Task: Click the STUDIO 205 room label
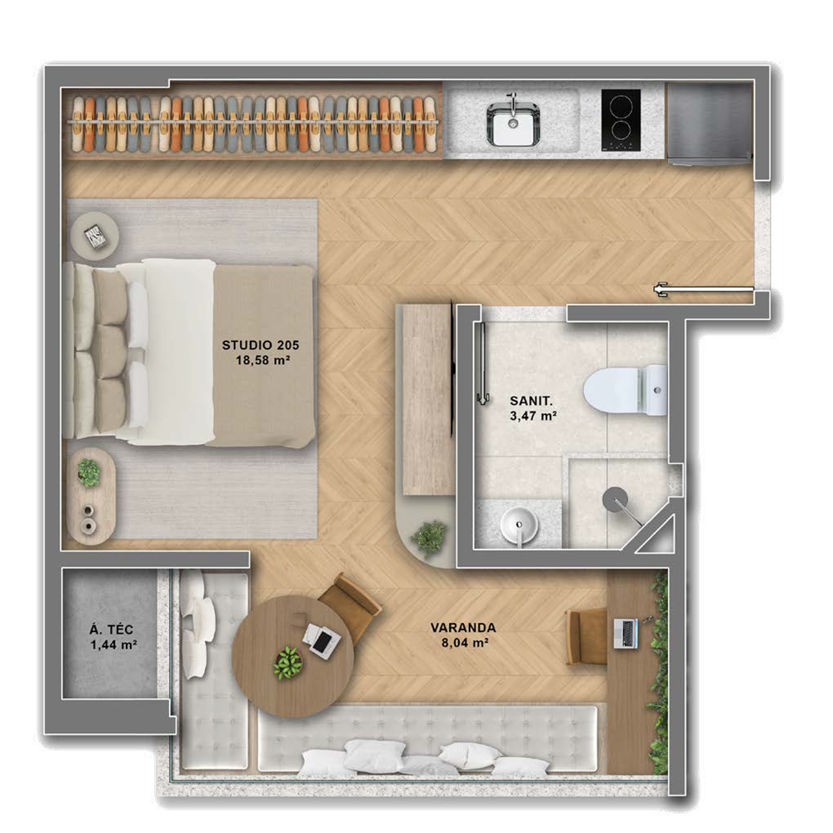click(x=259, y=344)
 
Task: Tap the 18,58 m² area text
click(x=259, y=360)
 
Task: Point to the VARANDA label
click(x=464, y=627)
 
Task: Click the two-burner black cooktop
click(x=621, y=119)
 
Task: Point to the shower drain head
click(x=616, y=497)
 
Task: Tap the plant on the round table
click(x=288, y=661)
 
